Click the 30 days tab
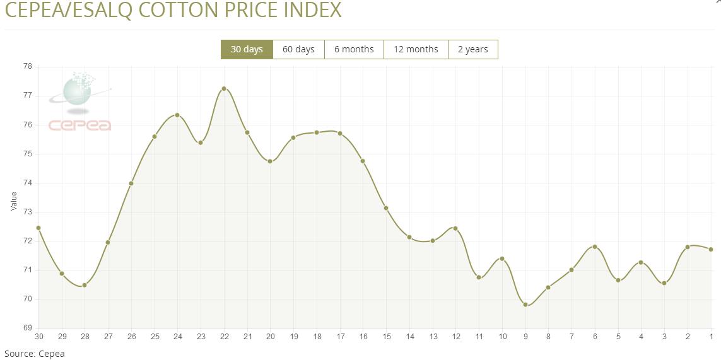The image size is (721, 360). (247, 49)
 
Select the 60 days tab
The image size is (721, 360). (298, 49)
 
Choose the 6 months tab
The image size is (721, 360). (354, 49)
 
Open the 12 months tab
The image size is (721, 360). (416, 49)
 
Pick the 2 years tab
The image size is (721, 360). (472, 49)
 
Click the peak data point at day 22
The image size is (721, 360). (224, 89)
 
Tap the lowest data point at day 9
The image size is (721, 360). (525, 305)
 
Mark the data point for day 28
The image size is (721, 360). (85, 285)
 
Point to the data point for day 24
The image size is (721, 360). (177, 115)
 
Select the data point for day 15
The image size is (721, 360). (386, 208)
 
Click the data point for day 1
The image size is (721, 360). (711, 250)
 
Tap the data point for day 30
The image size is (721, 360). (38, 228)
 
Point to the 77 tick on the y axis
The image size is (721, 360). (28, 96)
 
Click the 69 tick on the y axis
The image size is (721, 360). (28, 328)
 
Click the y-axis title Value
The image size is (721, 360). (14, 201)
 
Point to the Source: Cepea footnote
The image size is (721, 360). (35, 354)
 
